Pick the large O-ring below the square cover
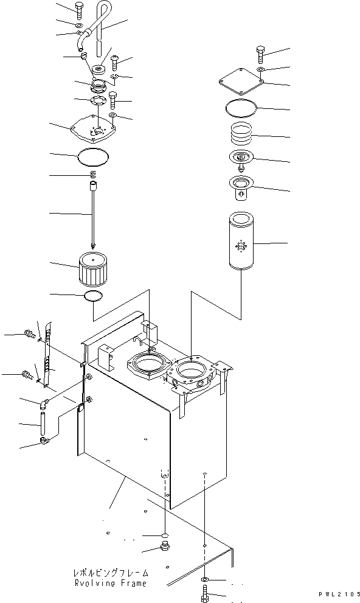(241, 108)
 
